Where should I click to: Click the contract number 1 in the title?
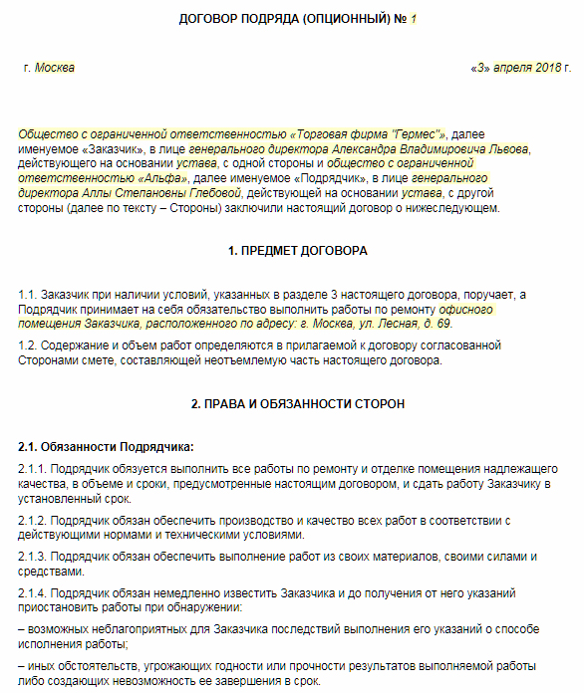click(413, 19)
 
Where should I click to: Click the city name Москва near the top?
click(54, 68)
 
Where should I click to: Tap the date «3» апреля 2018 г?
click(515, 68)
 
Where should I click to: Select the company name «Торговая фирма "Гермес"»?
click(370, 133)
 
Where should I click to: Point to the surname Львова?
click(504, 148)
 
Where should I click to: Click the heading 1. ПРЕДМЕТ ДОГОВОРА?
click(297, 251)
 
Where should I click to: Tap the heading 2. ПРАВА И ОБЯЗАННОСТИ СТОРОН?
click(298, 403)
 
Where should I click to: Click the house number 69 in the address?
click(443, 324)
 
